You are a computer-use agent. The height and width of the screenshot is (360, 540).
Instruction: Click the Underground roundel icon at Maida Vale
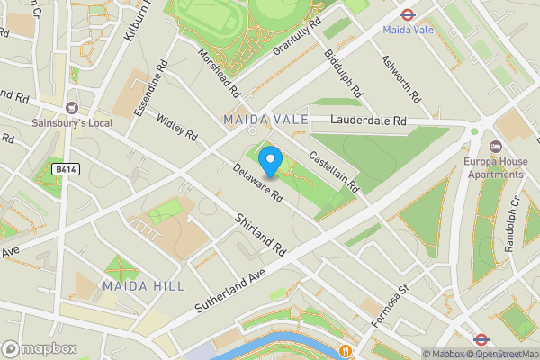click(406, 13)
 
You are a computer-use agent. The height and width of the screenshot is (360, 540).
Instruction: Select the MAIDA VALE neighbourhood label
click(265, 120)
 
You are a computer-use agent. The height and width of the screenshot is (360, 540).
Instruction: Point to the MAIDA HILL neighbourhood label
click(143, 286)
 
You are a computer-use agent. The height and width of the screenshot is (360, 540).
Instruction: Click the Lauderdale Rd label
click(368, 120)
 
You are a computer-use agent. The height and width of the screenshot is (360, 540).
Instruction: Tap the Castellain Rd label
click(334, 171)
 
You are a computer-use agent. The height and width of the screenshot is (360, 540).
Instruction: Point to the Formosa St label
click(391, 302)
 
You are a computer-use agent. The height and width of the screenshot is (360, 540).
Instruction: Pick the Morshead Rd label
click(220, 73)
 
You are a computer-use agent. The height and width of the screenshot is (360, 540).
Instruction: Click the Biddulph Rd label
click(342, 72)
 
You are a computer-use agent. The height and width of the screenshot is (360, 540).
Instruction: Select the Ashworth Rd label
click(400, 78)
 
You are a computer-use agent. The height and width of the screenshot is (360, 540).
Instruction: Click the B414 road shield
click(64, 168)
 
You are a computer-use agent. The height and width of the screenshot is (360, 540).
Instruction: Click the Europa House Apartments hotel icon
click(495, 147)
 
